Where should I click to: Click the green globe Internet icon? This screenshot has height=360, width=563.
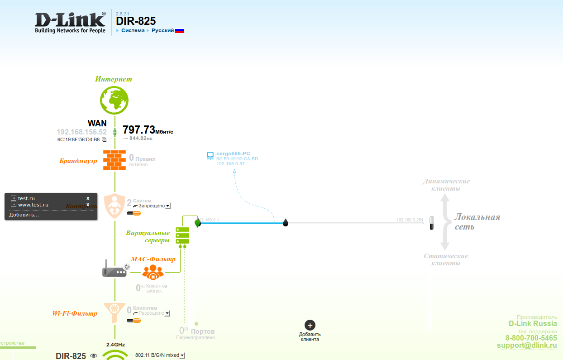pyautogui.click(x=115, y=100)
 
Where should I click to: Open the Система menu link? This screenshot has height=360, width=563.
pyautogui.click(x=133, y=30)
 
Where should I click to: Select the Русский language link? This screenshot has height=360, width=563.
pyautogui.click(x=162, y=30)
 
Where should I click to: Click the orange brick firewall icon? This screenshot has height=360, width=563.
pyautogui.click(x=115, y=160)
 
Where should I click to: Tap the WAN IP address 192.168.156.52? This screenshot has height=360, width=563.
pyautogui.click(x=81, y=132)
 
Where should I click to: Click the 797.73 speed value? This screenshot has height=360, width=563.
pyautogui.click(x=139, y=130)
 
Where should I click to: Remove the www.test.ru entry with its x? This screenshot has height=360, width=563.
pyautogui.click(x=88, y=205)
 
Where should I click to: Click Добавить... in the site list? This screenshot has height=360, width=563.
pyautogui.click(x=24, y=215)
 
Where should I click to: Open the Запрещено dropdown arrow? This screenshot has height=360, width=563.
pyautogui.click(x=167, y=206)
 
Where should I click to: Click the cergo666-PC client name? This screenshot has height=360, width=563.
pyautogui.click(x=233, y=154)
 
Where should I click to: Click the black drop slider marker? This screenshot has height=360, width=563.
pyautogui.click(x=286, y=222)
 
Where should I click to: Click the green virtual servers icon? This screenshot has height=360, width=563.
pyautogui.click(x=182, y=236)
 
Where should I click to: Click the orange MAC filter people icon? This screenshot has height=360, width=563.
pyautogui.click(x=153, y=272)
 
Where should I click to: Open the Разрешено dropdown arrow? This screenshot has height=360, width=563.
pyautogui.click(x=167, y=313)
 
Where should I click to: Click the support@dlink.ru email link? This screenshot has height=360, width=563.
pyautogui.click(x=527, y=345)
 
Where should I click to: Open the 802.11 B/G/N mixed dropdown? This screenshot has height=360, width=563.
pyautogui.click(x=182, y=355)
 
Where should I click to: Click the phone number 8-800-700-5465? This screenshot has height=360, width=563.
pyautogui.click(x=531, y=338)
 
